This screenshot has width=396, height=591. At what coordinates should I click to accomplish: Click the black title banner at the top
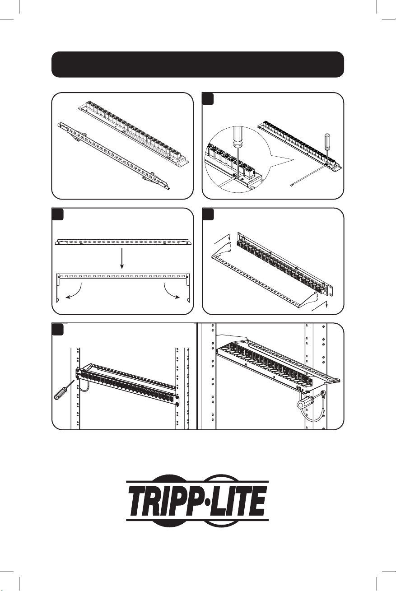[x=198, y=65]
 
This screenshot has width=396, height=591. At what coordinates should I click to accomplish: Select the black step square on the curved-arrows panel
[x=57, y=214]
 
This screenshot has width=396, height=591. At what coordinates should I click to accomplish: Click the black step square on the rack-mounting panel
[x=57, y=329]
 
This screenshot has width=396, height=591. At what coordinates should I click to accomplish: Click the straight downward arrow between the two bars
[x=122, y=259]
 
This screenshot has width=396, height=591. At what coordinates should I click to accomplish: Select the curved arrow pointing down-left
[x=75, y=292]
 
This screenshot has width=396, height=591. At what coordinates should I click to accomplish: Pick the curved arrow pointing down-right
[x=172, y=292]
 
